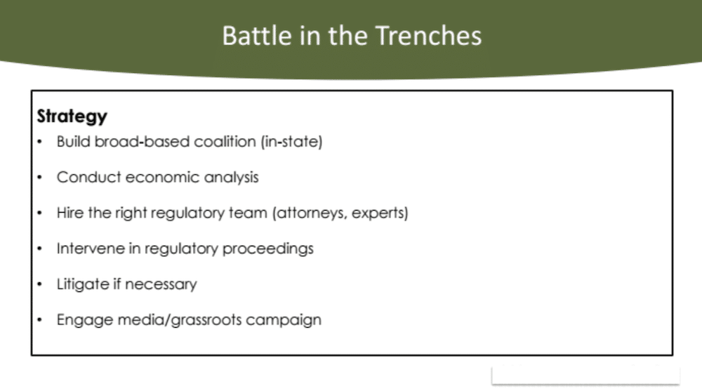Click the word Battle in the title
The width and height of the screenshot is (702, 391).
click(257, 36)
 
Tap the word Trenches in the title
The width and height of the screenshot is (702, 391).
click(428, 36)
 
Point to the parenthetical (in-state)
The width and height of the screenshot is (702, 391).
click(292, 142)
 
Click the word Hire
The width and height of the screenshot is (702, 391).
click(69, 213)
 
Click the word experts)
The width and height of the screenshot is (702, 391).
click(380, 213)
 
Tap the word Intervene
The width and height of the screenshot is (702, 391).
click(91, 248)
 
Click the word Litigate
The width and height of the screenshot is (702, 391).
click(82, 284)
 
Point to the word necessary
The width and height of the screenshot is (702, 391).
click(161, 285)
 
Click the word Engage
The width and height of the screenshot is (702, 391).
click(85, 320)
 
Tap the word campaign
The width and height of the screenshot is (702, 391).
click(284, 320)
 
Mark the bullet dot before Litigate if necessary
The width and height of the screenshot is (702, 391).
click(40, 284)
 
